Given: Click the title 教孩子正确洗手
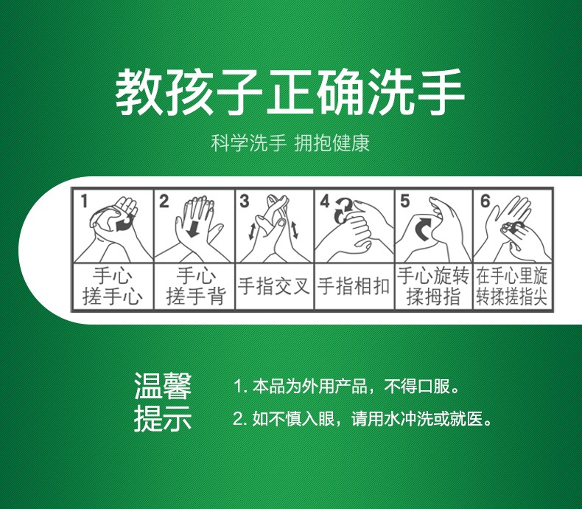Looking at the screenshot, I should pos(290,91).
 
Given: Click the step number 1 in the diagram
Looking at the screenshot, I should pos(85,201).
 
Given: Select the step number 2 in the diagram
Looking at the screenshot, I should pos(164,201).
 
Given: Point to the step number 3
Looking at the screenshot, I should pos(245,201).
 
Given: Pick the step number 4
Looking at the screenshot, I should pos(325,201).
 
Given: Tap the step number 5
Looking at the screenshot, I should pos(404,201).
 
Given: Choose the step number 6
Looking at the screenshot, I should pos(485,201).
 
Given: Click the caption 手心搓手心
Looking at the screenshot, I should pos(113,287).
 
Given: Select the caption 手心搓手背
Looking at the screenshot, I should pos(193,287).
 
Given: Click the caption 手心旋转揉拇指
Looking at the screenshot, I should pos(433,287).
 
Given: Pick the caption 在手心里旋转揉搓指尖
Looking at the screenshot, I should pos(512,287).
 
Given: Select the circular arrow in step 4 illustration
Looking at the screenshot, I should pos(343,210).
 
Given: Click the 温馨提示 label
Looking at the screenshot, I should pos(162,402).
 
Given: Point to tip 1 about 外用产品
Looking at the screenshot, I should pos(346,387).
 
